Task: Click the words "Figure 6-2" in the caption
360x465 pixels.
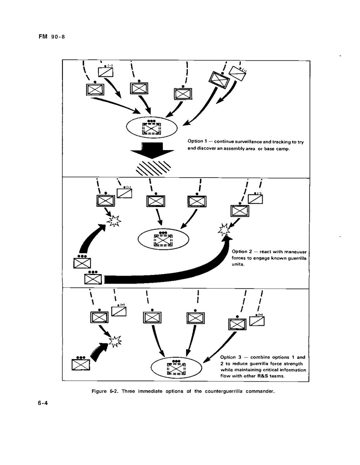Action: pos(105,391)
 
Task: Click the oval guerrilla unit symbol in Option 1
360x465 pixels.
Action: pos(152,127)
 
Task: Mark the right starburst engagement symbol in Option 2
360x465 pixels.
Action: pos(223,229)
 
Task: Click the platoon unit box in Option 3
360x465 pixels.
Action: pos(81,364)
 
